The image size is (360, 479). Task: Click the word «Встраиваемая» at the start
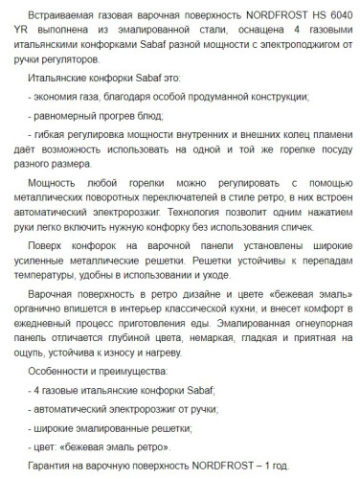pos(62,12)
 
